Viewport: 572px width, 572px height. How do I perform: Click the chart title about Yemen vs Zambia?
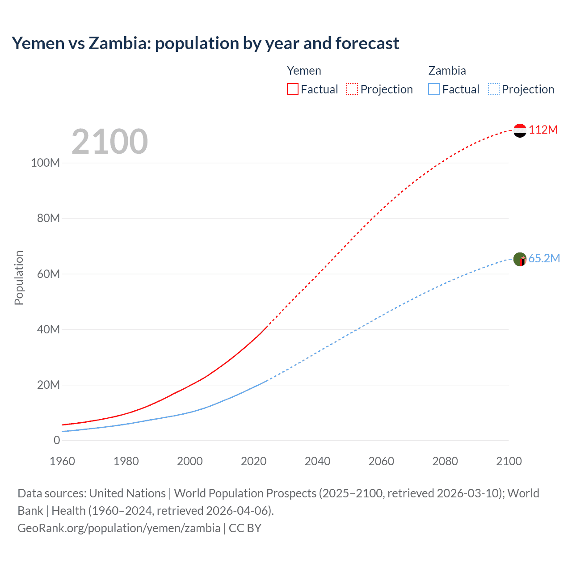(205, 43)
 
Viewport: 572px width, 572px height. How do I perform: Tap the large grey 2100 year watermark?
(109, 142)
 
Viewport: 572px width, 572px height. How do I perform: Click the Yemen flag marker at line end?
(520, 130)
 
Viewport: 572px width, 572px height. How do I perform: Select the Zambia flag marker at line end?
(520, 259)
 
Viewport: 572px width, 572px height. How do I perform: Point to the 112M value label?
(543, 130)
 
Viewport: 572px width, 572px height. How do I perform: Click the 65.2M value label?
(544, 258)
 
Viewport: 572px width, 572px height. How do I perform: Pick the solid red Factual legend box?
(292, 89)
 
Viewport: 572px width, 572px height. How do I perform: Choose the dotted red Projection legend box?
(352, 89)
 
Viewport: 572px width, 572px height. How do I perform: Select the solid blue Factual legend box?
(433, 89)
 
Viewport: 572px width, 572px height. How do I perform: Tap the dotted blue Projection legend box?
(493, 89)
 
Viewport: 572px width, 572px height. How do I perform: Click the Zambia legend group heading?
(447, 71)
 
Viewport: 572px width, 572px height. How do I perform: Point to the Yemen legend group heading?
(304, 71)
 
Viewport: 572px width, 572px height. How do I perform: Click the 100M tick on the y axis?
(45, 163)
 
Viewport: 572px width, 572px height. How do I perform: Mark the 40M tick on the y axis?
(48, 329)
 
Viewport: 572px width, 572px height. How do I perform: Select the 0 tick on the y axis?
(57, 440)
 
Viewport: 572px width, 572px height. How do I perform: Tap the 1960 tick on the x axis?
(62, 461)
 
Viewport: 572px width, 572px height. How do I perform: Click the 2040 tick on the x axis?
(317, 461)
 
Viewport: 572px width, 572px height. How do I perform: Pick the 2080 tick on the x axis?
(445, 461)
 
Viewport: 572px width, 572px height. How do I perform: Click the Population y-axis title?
(19, 278)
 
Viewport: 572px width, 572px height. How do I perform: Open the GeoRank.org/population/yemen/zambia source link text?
(119, 528)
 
